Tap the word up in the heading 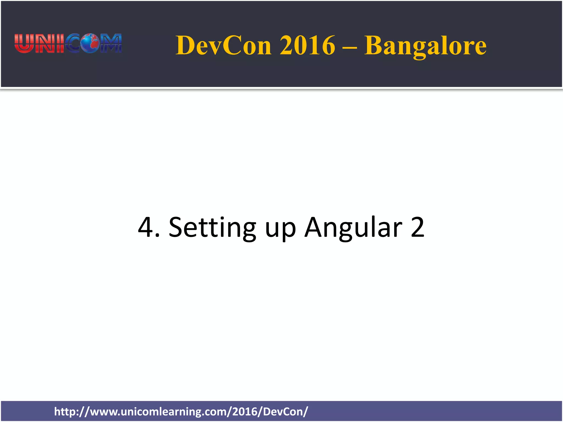[280, 229]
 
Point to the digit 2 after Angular [418, 227]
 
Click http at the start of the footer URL [64, 412]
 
